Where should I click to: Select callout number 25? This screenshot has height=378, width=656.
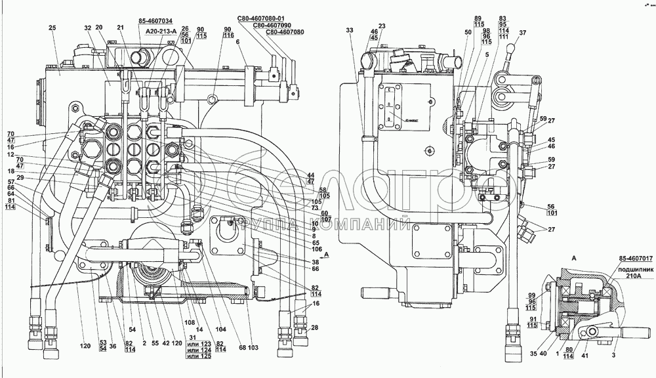(52, 28)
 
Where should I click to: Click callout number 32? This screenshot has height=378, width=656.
(87, 28)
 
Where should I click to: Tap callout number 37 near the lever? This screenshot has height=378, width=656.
(522, 33)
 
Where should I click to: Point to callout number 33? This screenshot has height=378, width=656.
(350, 30)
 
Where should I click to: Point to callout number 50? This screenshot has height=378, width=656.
(468, 32)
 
